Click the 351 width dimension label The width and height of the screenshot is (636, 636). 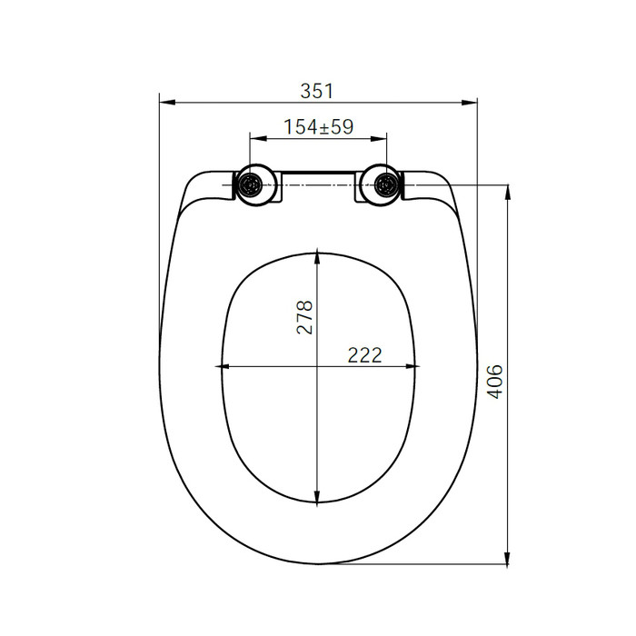(316, 91)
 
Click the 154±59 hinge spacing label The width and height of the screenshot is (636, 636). (318, 127)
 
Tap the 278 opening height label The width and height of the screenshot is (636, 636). (305, 317)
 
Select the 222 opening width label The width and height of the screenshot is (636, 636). (364, 355)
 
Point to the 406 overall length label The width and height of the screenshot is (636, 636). (494, 382)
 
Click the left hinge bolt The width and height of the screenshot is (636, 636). (249, 185)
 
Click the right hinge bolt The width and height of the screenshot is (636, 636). (386, 185)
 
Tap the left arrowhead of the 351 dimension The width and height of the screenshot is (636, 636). (167, 103)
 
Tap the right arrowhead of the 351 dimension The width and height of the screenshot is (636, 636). (470, 103)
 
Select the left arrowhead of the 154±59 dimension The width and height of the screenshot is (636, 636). (257, 139)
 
